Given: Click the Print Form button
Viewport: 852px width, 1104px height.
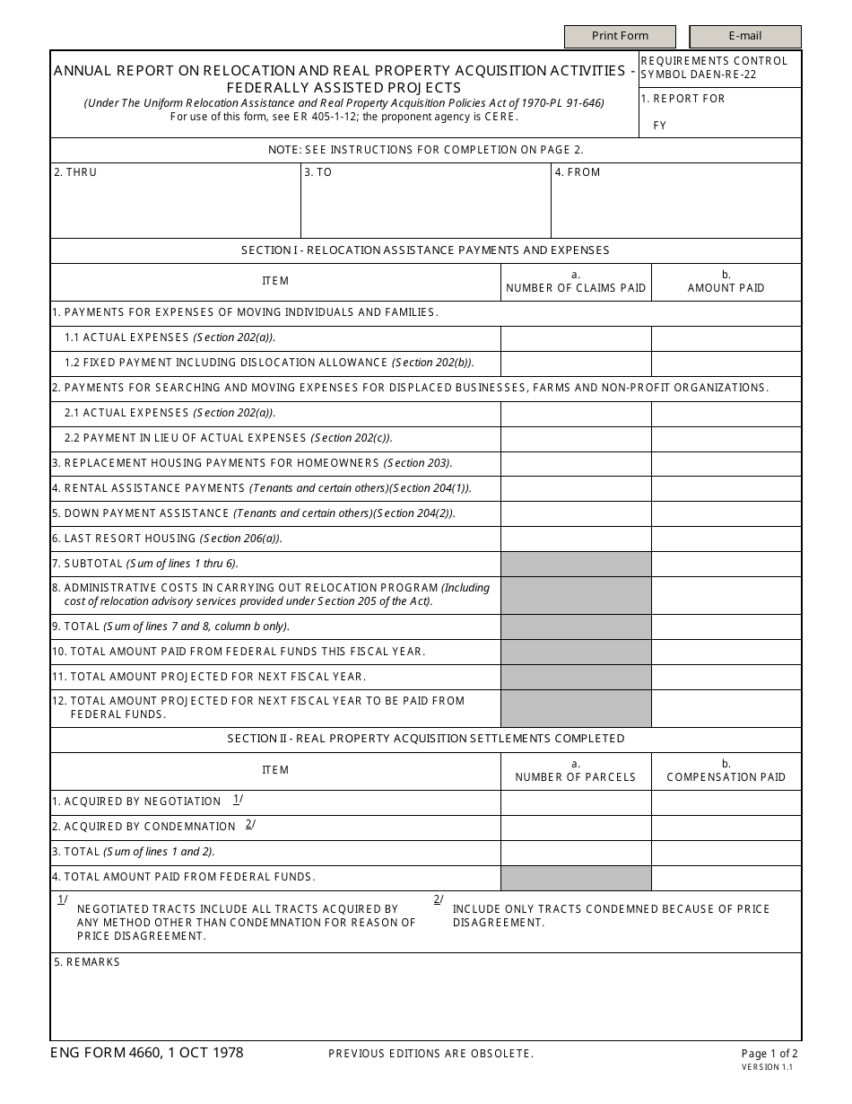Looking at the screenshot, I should point(620,36).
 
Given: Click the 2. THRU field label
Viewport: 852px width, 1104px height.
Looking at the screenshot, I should point(75,172).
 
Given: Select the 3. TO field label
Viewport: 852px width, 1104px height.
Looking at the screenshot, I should point(318,172).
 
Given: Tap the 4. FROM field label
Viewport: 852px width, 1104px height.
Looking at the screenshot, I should point(578,172).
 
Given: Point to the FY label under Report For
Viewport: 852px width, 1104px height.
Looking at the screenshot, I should point(660,126).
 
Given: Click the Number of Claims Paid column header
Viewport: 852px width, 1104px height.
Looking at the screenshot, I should point(576,282).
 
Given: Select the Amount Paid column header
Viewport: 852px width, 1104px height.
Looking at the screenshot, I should point(726,282).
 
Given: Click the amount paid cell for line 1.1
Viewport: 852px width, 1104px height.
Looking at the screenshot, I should point(726,338).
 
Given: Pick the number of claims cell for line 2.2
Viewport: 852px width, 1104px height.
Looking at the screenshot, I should point(576,439).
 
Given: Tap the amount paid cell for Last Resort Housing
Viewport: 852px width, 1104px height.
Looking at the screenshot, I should point(726,539).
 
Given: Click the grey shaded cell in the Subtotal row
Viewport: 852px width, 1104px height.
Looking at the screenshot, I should point(576,565).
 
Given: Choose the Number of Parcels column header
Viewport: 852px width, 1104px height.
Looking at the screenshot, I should point(576,771).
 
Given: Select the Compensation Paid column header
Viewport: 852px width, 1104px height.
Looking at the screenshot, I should point(726,771).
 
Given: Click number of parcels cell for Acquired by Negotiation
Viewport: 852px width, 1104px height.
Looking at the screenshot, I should point(576,802).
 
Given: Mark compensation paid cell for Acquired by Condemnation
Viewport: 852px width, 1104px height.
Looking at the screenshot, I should point(726,828).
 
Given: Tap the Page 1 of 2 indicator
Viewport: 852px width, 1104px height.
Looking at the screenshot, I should point(769,1054).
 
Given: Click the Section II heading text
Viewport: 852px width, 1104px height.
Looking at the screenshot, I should point(426,739).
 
